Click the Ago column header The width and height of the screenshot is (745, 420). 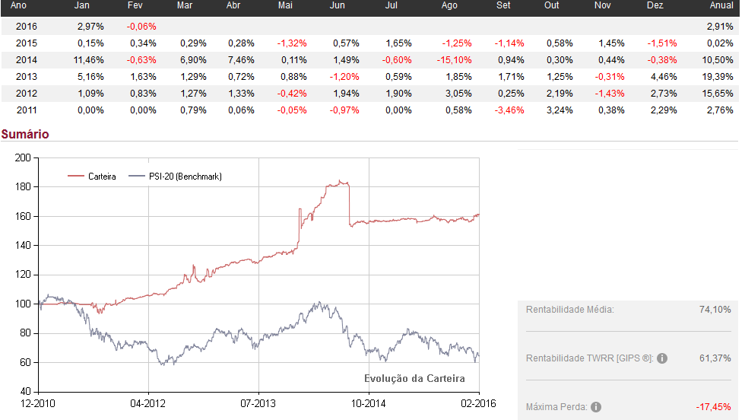click(449, 5)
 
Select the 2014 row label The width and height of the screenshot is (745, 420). click(26, 59)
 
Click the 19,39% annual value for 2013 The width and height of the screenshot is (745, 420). click(718, 76)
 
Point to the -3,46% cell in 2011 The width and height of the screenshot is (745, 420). click(509, 110)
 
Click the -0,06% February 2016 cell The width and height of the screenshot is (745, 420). click(141, 26)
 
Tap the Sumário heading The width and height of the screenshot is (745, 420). click(25, 134)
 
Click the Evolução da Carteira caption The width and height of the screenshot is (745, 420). click(414, 378)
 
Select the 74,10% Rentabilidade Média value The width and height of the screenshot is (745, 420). click(715, 310)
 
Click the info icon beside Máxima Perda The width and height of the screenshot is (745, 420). click(596, 407)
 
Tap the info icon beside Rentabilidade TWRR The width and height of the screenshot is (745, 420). click(662, 358)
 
